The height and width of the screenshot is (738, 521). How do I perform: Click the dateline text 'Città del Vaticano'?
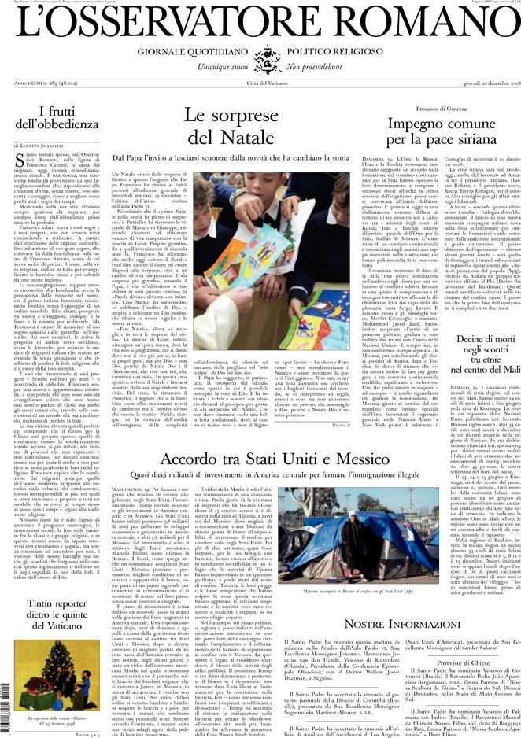click(260, 83)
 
